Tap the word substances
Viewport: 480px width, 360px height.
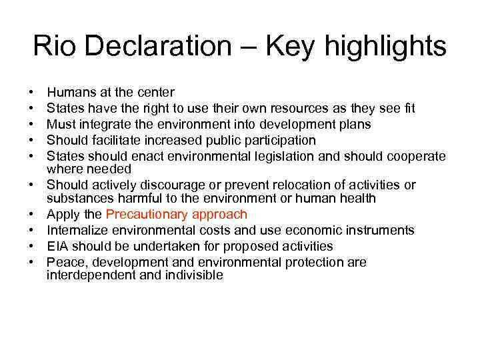pyautogui.click(x=75, y=198)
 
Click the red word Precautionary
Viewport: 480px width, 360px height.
pyautogui.click(x=147, y=214)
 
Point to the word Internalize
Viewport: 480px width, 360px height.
pyautogui.click(x=77, y=230)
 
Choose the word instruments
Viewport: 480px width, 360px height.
pyautogui.click(x=380, y=230)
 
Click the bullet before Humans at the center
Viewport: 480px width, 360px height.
pyautogui.click(x=32, y=92)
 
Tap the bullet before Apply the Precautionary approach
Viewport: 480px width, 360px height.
pyautogui.click(x=32, y=214)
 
